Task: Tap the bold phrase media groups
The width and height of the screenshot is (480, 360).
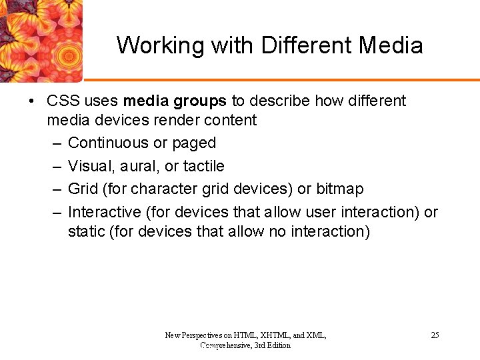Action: pyautogui.click(x=175, y=101)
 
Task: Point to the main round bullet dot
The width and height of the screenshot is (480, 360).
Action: pyautogui.click(x=31, y=101)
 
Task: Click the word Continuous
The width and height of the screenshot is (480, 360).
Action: pyautogui.click(x=108, y=143)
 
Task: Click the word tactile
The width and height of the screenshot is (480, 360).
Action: pyautogui.click(x=203, y=166)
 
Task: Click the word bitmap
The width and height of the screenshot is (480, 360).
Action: pyautogui.click(x=340, y=189)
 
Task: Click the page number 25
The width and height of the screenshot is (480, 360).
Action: pyautogui.click(x=435, y=335)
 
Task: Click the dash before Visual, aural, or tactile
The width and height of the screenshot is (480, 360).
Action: pyautogui.click(x=55, y=166)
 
